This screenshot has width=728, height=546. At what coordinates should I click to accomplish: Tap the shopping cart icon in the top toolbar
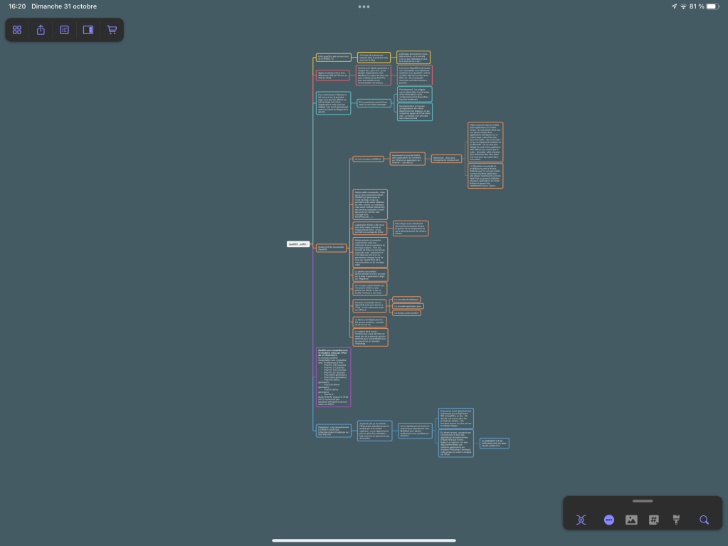112,30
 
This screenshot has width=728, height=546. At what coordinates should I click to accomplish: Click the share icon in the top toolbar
41,30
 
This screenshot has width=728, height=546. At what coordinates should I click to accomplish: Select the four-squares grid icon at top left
17,30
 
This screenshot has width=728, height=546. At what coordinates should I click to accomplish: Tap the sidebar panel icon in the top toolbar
88,30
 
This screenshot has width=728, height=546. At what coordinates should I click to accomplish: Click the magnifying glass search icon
704,520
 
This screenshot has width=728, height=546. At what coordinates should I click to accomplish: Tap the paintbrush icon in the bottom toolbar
676,520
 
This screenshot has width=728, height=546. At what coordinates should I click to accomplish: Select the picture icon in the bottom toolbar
631,520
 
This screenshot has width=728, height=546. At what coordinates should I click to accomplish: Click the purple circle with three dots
608,520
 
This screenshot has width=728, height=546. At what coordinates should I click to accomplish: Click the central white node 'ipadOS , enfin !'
298,244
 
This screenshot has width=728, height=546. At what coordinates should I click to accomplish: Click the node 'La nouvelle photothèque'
406,299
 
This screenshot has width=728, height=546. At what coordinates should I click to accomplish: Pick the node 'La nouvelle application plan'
408,306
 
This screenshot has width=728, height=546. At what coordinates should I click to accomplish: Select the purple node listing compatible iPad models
333,377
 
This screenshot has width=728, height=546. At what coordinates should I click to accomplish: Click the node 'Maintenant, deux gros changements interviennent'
447,159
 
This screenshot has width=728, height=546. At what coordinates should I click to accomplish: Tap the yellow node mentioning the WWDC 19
333,57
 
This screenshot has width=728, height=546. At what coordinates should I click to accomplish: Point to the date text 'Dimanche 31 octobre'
64,6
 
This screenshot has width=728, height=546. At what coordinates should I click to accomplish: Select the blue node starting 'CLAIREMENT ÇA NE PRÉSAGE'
494,443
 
